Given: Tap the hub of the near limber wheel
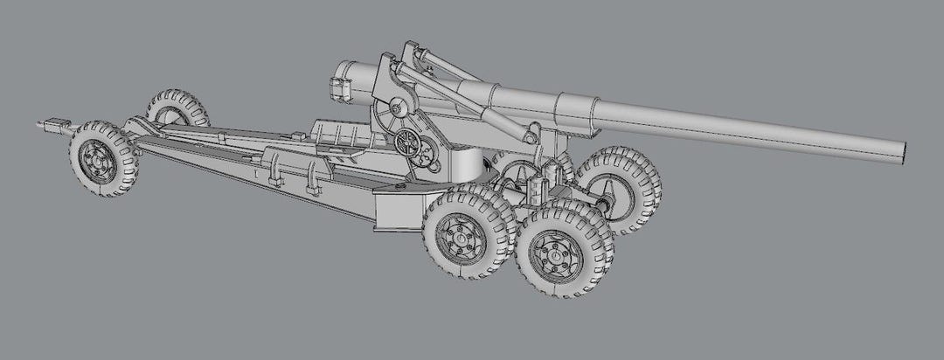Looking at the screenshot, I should tap(98, 160).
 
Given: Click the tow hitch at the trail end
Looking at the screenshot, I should tap(52, 127).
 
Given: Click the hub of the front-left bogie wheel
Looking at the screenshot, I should tap(461, 233).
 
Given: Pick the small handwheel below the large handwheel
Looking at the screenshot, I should tap(428, 159).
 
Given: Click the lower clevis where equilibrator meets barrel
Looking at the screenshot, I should tap(530, 132).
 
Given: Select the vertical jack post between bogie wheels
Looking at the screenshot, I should tap(532, 188).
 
